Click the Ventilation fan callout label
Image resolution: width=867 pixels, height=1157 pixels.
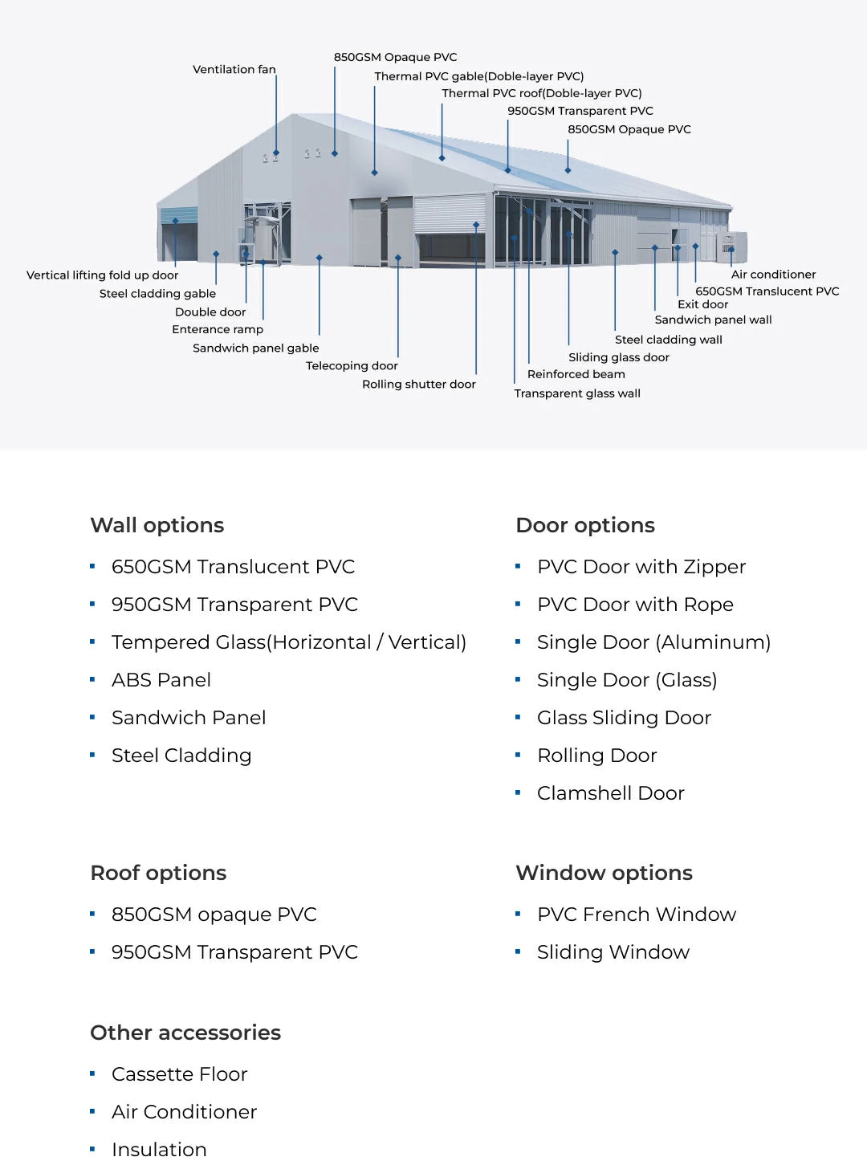point(234,70)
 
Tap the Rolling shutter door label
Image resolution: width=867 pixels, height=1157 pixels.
point(418,385)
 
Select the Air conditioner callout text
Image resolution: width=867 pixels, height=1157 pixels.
point(773,275)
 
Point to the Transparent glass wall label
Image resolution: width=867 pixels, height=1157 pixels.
point(577,393)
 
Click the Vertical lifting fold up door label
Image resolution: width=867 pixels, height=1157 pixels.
point(102,275)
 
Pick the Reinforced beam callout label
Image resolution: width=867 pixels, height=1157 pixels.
point(576,374)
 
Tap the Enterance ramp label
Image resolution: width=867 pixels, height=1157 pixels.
point(217,329)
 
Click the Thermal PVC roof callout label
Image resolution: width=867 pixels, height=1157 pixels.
point(541,93)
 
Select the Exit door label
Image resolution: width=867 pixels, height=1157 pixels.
point(702,304)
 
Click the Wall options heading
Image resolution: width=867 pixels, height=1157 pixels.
point(157,525)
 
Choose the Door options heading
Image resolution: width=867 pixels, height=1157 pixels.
point(585,525)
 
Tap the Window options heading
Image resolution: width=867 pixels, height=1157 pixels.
point(604,873)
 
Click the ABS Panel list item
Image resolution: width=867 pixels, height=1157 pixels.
point(161,680)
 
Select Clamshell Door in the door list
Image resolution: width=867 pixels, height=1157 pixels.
point(610,793)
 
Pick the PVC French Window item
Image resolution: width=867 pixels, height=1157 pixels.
point(636,915)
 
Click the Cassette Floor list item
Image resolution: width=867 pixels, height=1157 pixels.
point(179,1074)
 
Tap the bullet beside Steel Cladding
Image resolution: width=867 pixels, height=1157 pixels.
point(92,755)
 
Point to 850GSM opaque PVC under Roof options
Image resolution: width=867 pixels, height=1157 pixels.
point(214,915)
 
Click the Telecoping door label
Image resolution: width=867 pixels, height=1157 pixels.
point(352,366)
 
